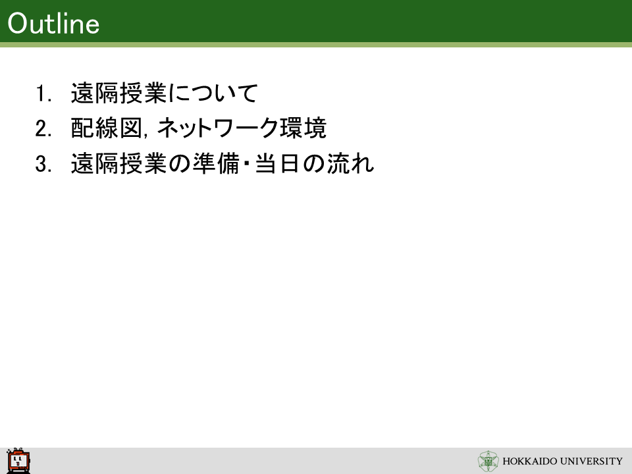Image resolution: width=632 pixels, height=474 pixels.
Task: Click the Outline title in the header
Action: (x=53, y=24)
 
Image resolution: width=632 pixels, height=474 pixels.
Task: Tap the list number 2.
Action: (x=43, y=128)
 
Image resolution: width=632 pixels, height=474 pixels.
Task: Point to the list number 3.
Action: (x=43, y=164)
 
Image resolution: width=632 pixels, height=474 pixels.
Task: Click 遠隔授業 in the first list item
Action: (x=119, y=93)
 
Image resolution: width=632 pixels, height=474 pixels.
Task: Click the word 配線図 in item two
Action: (x=107, y=128)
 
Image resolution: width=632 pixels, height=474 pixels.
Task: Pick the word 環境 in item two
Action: (x=303, y=128)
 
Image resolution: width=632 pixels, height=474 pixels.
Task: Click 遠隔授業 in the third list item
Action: (x=119, y=164)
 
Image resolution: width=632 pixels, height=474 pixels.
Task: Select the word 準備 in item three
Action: (x=216, y=164)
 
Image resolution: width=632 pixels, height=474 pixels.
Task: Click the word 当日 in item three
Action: (x=277, y=164)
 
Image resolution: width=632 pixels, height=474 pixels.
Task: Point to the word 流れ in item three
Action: (x=350, y=164)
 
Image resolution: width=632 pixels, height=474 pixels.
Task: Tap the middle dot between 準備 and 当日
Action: (x=247, y=164)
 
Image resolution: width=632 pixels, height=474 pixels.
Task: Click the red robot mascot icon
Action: (x=18, y=461)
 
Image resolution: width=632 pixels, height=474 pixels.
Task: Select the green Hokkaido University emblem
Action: (x=488, y=461)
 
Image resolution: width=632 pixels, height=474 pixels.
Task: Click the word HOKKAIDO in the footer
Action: (x=530, y=461)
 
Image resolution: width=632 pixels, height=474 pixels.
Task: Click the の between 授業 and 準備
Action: (x=179, y=164)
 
